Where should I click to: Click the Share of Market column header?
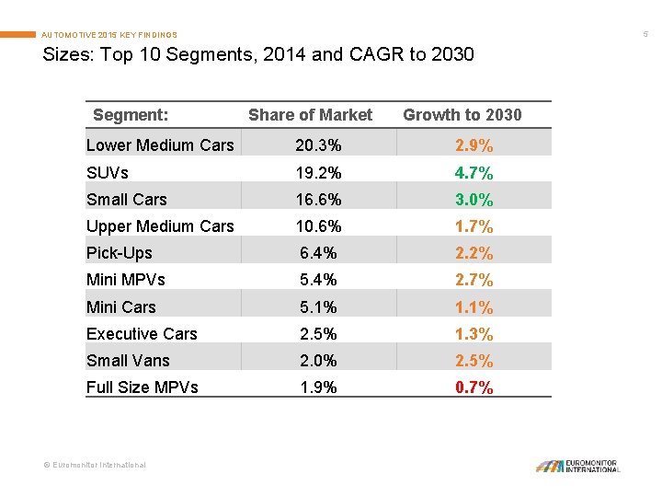click(x=310, y=115)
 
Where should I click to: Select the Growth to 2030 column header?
click(x=462, y=115)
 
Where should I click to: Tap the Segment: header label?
click(x=131, y=115)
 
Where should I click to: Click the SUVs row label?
click(x=108, y=172)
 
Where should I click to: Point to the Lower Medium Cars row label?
click(x=160, y=145)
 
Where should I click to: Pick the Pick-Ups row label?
click(x=120, y=253)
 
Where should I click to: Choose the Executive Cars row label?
click(x=142, y=334)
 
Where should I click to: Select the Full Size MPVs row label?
click(x=142, y=387)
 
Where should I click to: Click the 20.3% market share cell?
click(x=318, y=145)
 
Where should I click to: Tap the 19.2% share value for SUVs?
click(x=318, y=172)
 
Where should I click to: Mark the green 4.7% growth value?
click(x=474, y=172)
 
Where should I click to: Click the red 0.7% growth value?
click(x=474, y=387)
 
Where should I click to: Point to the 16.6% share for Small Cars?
click(x=318, y=200)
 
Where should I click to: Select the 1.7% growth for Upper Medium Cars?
click(x=474, y=226)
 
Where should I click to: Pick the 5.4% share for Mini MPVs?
click(x=318, y=280)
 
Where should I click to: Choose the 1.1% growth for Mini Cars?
click(x=474, y=307)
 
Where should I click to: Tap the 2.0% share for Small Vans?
click(x=318, y=361)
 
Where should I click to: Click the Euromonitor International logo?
click(x=578, y=466)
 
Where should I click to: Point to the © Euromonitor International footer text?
click(x=96, y=466)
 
